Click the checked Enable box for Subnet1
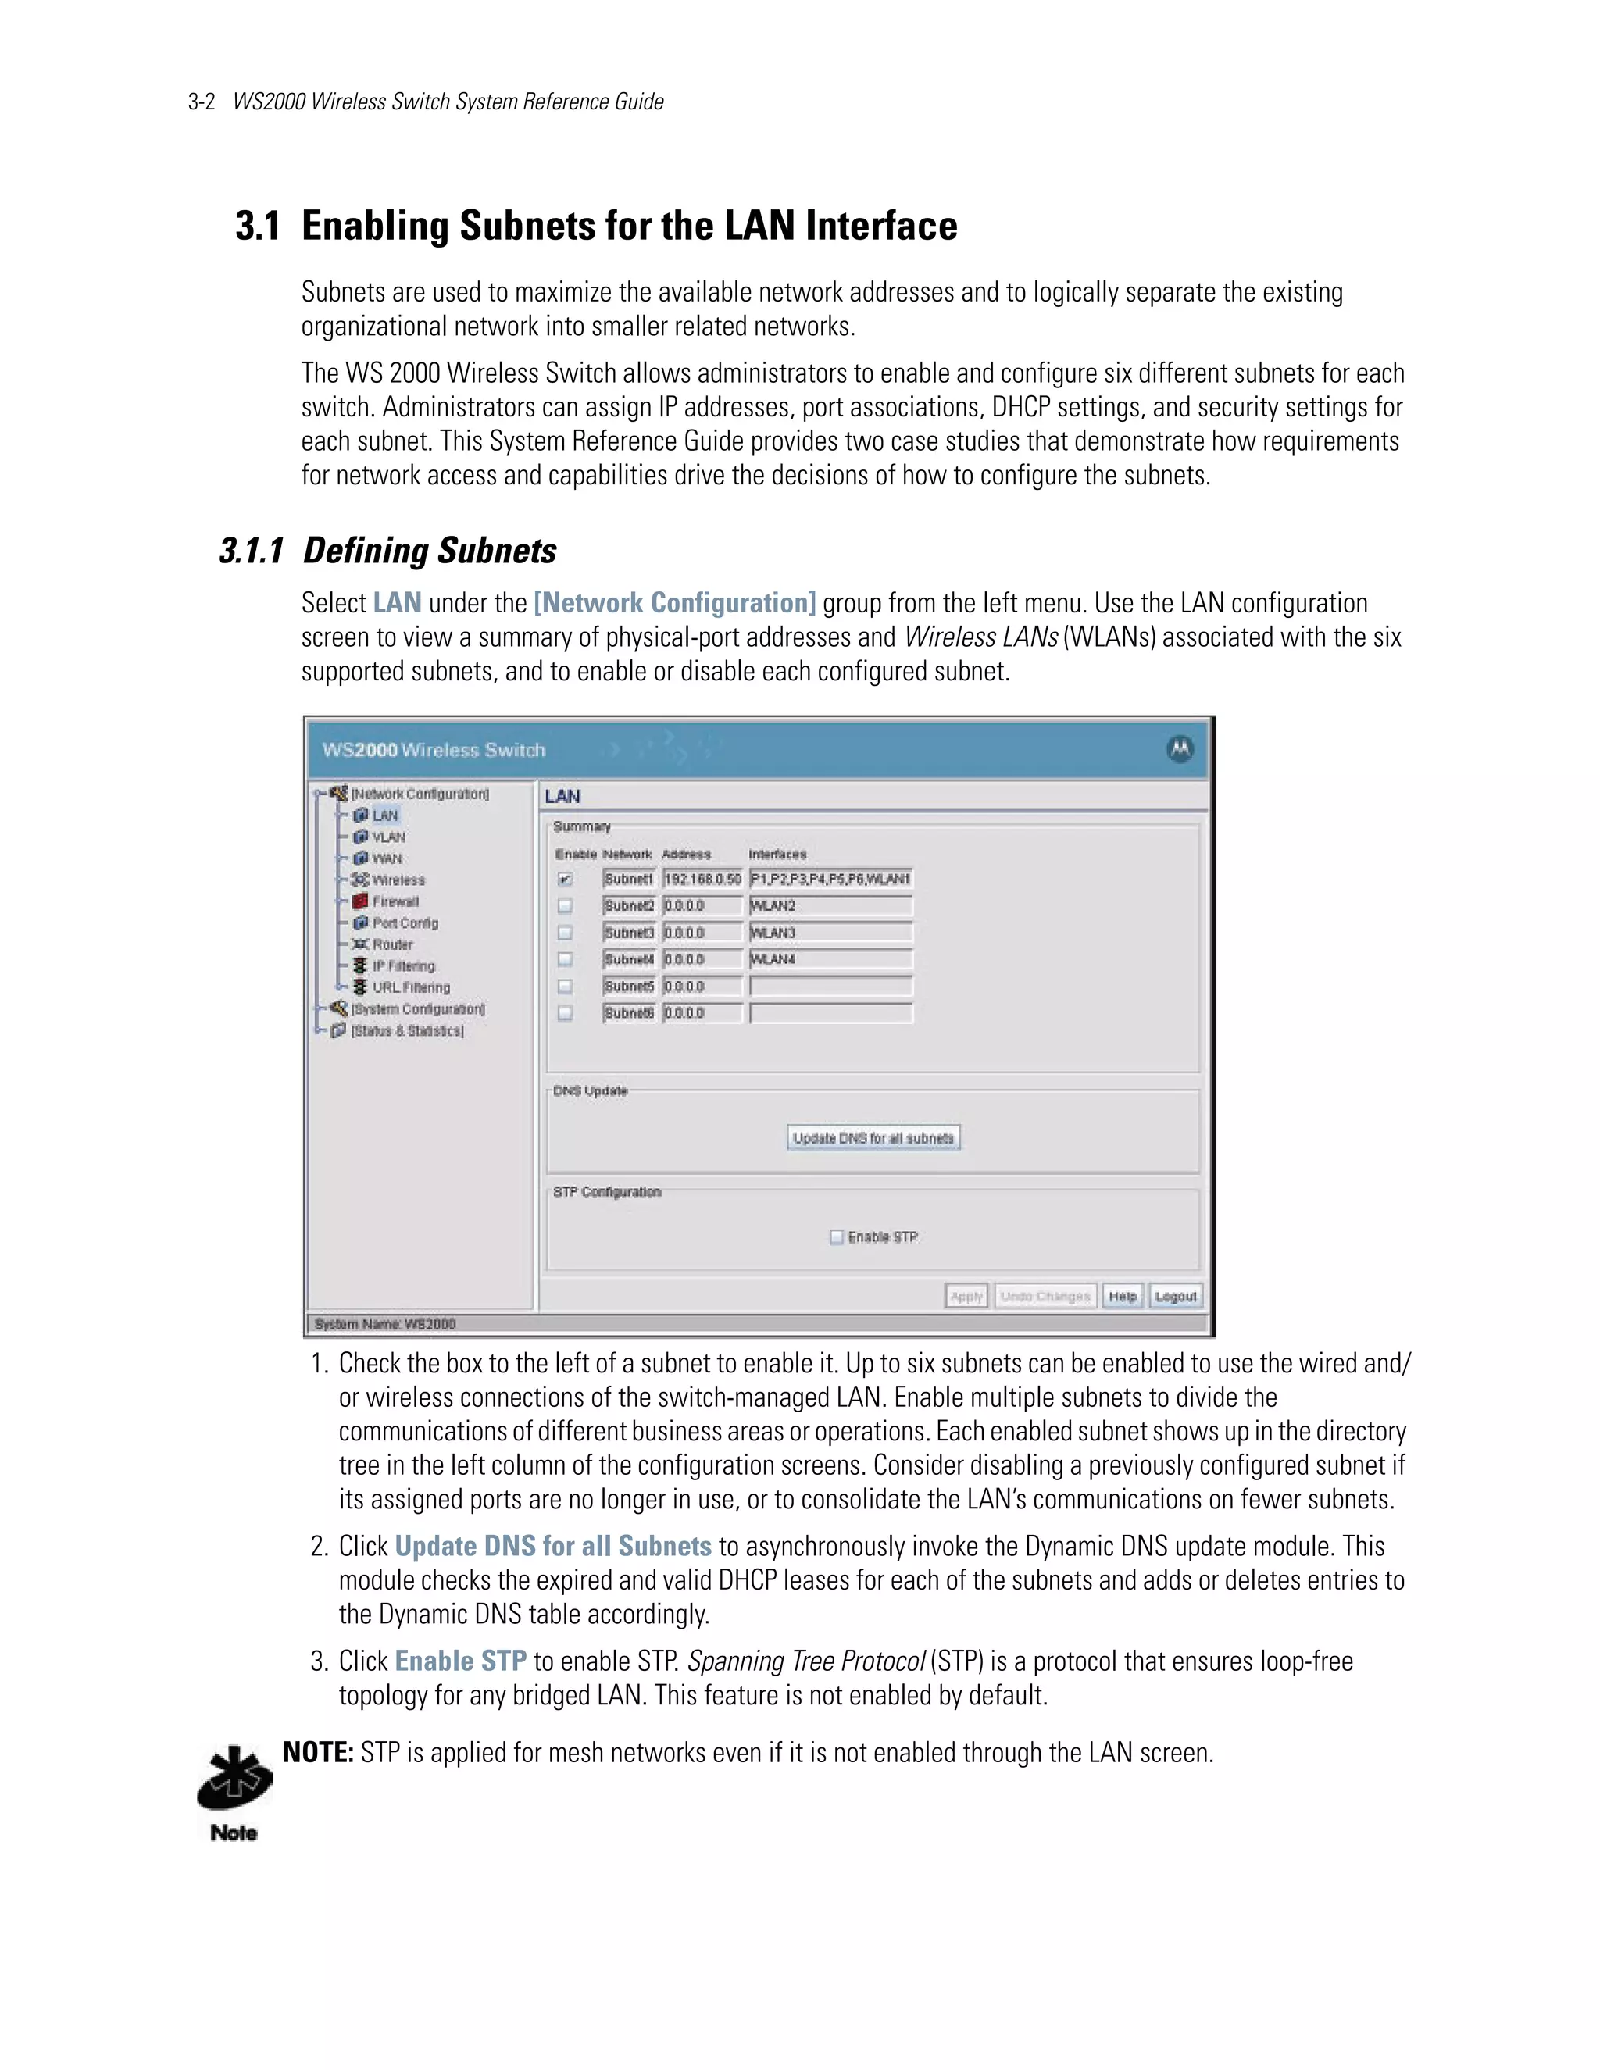tap(565, 880)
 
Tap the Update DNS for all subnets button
tap(873, 1137)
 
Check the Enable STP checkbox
tap(836, 1237)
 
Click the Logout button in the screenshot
tap(1175, 1296)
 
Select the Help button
tap(1123, 1296)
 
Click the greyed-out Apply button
tap(966, 1296)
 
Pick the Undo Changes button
tap(1045, 1296)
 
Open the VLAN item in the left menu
tap(387, 837)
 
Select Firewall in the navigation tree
tap(395, 901)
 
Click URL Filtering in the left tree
tap(410, 987)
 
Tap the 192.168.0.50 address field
tap(702, 880)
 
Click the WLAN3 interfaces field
tap(830, 933)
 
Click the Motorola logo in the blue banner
tap(1179, 749)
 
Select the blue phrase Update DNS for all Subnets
tap(552, 1546)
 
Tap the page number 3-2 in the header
tap(202, 102)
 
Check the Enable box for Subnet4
tap(565, 959)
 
